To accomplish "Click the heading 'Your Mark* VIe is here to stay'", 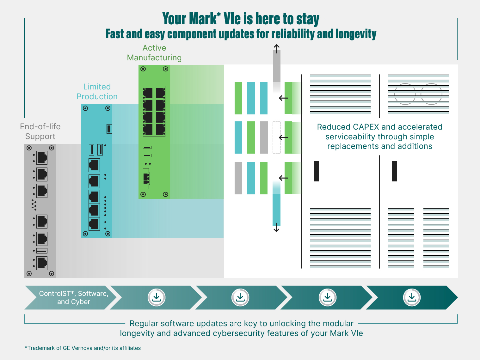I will (241, 19).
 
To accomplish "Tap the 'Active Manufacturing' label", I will (154, 53).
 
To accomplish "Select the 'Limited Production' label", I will (97, 92).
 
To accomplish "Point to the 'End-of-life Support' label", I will (40, 131).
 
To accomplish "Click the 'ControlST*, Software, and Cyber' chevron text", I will (73, 298).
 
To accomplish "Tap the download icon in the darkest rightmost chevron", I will (412, 297).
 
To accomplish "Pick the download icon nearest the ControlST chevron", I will (157, 297).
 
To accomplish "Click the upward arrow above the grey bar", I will (277, 49).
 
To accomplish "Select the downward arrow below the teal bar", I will (276, 228).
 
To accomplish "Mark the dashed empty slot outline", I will (277, 137).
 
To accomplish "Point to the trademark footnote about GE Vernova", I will (83, 348).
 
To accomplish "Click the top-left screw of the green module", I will (143, 69).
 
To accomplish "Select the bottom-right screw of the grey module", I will (52, 273).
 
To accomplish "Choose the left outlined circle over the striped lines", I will (405, 94).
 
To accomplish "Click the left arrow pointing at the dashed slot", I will (283, 137).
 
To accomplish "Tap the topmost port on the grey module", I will (42, 157).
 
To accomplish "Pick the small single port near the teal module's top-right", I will (109, 129).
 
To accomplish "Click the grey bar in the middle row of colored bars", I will (264, 137).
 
